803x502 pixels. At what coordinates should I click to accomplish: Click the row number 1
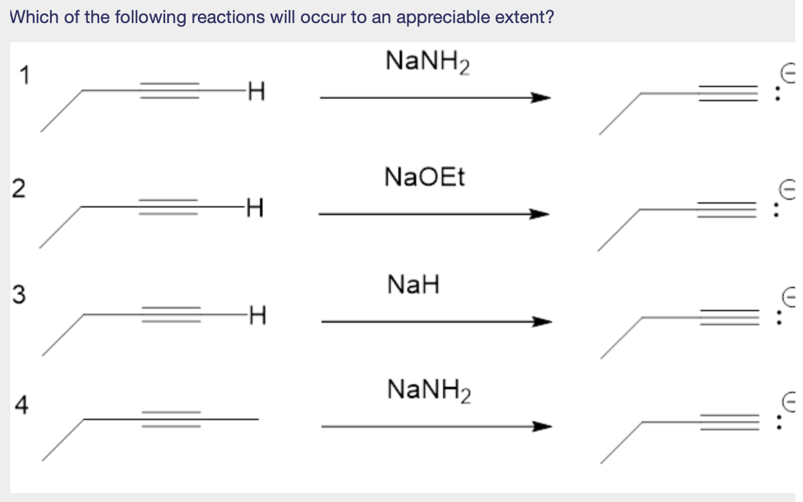click(x=24, y=76)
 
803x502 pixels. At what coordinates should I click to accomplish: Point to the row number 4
click(x=22, y=405)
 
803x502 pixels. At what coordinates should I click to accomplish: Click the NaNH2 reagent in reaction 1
click(x=428, y=63)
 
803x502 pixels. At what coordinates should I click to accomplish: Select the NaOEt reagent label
click(x=425, y=177)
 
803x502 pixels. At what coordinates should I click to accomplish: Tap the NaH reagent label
click(x=414, y=284)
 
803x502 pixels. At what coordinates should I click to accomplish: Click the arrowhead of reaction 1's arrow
click(x=541, y=98)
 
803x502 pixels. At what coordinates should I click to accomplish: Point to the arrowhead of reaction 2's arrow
click(x=541, y=214)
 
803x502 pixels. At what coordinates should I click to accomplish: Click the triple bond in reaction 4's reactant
click(x=171, y=419)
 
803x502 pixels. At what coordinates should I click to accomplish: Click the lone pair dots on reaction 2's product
click(x=777, y=209)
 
